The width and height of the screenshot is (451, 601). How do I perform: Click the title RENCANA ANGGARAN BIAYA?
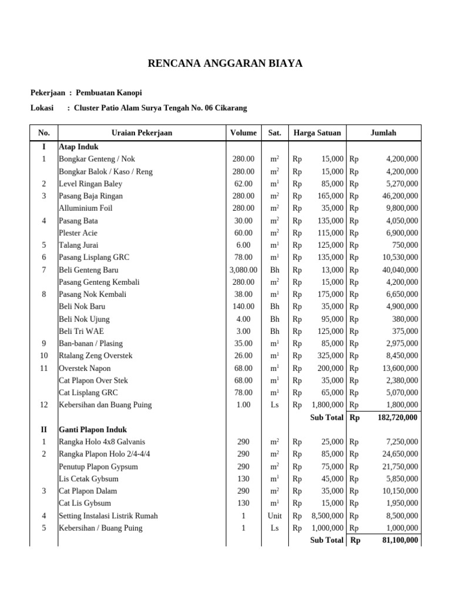point(225,63)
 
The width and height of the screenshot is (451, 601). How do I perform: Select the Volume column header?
point(243,133)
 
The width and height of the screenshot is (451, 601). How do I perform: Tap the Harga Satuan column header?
point(317,133)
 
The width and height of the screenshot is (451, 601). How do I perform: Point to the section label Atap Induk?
point(79,147)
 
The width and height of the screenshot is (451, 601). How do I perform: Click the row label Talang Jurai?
point(79,245)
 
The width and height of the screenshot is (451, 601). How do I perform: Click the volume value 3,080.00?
point(243,270)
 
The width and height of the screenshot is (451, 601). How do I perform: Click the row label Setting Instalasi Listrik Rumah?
point(108,516)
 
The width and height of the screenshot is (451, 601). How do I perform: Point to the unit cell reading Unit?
point(274,516)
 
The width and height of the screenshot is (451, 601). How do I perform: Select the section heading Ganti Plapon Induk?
point(93,430)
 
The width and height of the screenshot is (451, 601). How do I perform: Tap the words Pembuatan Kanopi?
point(109,93)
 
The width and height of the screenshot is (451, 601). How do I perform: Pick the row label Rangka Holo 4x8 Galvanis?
point(102,441)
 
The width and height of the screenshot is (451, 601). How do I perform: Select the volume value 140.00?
point(243,306)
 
